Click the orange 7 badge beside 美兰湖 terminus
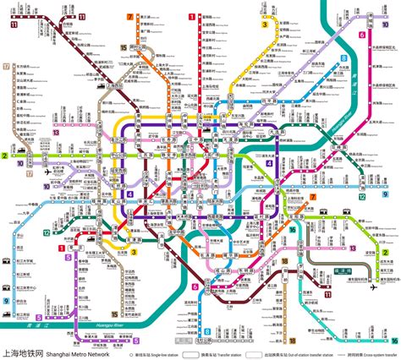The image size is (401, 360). tap(129, 17)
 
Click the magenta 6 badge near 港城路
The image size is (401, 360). tap(362, 35)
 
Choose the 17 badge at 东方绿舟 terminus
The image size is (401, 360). tap(6, 65)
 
